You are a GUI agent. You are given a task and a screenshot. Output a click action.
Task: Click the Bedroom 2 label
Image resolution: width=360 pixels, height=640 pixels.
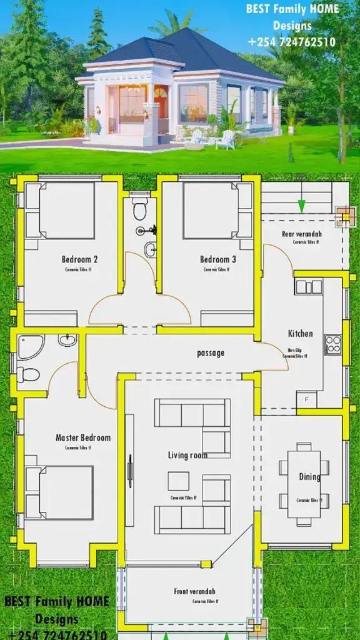click(79, 259)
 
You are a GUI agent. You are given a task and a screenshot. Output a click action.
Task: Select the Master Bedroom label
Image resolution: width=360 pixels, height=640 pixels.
click(82, 437)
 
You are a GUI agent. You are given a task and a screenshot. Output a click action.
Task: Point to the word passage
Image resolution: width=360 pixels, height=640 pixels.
click(211, 353)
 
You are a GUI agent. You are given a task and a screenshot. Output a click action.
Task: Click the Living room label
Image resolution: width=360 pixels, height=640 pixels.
click(187, 455)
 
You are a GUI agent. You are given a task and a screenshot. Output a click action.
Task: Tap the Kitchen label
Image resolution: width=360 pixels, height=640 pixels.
click(300, 333)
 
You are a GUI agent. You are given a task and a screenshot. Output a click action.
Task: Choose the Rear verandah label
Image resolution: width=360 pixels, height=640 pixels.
click(301, 234)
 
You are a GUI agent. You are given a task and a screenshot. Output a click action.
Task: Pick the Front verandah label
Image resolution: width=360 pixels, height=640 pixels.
click(194, 591)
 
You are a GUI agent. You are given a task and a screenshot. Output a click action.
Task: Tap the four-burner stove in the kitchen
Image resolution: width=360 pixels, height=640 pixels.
click(332, 344)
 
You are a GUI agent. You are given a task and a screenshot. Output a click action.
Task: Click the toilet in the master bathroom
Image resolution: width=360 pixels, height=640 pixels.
click(27, 374)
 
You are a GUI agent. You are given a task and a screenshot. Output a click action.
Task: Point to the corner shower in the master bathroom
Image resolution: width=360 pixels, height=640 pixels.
click(29, 346)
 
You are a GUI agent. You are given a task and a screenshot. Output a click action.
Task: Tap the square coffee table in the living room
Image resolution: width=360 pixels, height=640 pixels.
click(178, 481)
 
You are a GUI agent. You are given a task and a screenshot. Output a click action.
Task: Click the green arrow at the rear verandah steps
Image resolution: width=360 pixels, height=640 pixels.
click(302, 206)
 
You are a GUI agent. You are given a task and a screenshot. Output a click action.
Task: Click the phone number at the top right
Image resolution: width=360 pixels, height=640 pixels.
click(291, 42)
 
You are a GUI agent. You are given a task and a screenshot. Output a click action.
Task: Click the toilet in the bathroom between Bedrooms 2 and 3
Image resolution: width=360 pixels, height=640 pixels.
click(140, 211)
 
